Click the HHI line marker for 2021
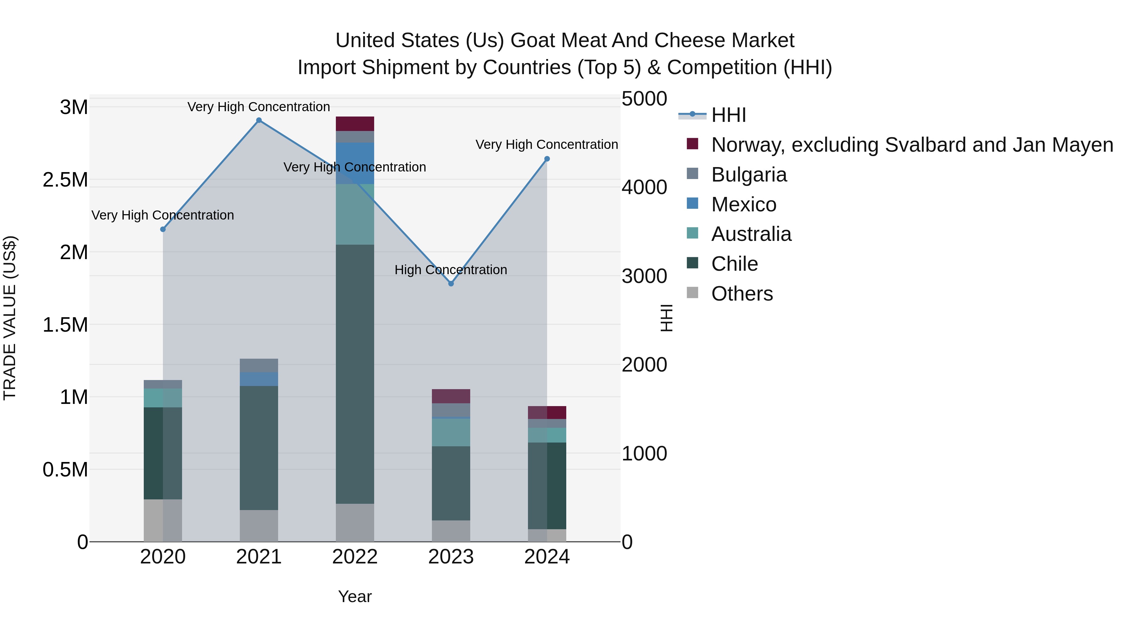coord(259,120)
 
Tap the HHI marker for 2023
coord(451,284)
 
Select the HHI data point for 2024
coord(547,159)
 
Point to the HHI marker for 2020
coord(163,229)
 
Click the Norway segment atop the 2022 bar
coord(355,124)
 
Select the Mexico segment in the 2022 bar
coord(355,163)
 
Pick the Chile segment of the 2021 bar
coord(259,448)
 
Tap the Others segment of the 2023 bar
coord(451,531)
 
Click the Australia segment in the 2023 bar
coord(451,432)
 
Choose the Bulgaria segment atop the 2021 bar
coord(259,365)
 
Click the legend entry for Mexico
coord(744,204)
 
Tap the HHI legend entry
coord(728,115)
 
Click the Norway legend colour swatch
coord(692,144)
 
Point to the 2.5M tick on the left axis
coord(65,180)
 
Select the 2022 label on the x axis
coord(355,557)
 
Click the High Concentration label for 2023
coord(451,269)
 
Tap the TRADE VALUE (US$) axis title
coord(10,318)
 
